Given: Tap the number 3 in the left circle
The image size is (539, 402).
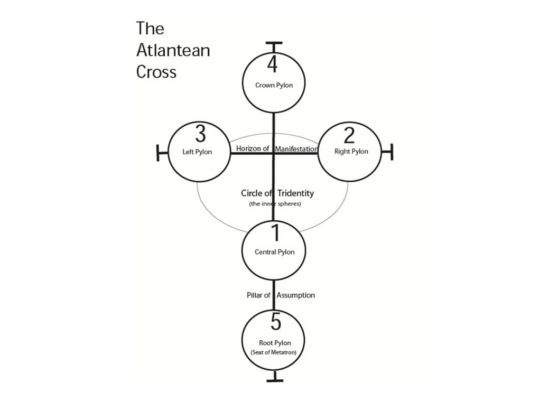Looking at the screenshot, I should tap(200, 134).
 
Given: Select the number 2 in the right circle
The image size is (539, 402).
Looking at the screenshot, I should tap(349, 135).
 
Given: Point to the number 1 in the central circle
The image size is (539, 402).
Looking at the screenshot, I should tap(275, 233).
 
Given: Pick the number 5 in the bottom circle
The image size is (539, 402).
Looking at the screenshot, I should tap(276, 322).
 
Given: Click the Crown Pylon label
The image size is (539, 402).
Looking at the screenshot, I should tap(274, 85).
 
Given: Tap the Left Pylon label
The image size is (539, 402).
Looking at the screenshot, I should tap(197, 152).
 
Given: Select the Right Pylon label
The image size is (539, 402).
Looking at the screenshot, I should tap(351, 152).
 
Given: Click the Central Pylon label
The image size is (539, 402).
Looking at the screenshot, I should tap(275, 252).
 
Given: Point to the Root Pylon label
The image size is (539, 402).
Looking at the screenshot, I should tap(275, 343).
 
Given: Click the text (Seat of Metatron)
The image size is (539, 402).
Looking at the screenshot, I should tap(273, 352).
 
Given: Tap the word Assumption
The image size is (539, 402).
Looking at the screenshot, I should tap(296, 295).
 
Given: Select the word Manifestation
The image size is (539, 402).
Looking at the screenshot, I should tap(296, 149).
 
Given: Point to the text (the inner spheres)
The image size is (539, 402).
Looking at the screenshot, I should tap(275, 204).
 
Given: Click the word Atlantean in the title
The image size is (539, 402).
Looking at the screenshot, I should tap(173, 50).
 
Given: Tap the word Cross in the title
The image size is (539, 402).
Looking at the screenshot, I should tap(156, 72).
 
